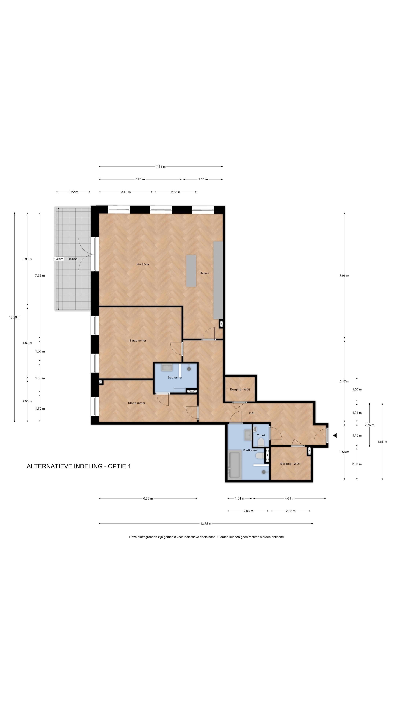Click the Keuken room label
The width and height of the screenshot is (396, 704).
[204, 273]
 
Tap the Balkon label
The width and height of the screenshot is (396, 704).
[72, 259]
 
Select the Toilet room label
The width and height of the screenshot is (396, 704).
[261, 435]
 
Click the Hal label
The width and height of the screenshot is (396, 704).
[251, 413]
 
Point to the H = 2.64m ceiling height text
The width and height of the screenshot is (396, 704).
[143, 264]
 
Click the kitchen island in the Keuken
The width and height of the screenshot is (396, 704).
[191, 271]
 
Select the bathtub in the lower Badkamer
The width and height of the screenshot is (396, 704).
[235, 465]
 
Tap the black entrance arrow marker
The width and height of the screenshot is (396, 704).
[335, 435]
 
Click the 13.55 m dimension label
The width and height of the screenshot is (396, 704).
[206, 524]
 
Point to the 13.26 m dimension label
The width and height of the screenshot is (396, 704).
[14, 317]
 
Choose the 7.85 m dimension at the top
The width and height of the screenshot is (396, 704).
[161, 166]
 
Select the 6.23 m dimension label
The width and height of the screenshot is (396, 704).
[148, 498]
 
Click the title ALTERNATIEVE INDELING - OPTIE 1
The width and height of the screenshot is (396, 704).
[79, 466]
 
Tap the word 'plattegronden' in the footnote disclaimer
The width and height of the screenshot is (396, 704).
[146, 537]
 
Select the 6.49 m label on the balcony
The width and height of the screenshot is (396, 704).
[58, 259]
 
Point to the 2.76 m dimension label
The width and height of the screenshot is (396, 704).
[369, 425]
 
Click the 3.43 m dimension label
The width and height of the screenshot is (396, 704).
[126, 192]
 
